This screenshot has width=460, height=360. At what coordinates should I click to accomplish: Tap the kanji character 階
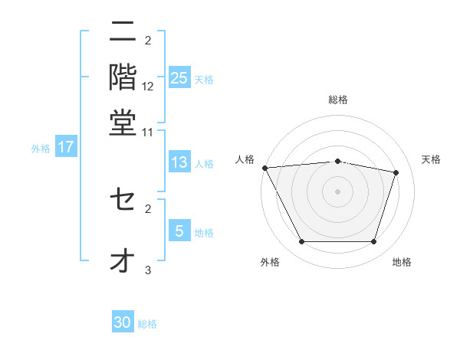tap(123, 77)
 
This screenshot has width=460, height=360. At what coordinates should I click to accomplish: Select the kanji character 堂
tap(123, 122)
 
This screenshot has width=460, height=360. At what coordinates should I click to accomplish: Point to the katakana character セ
tap(123, 200)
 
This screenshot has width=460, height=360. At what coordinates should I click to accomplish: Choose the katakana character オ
tap(123, 260)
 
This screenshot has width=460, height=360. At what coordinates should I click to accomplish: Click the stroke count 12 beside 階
tap(148, 86)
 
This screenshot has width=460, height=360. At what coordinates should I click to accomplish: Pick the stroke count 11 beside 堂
tap(148, 132)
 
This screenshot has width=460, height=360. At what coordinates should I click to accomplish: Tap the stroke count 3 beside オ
tap(148, 270)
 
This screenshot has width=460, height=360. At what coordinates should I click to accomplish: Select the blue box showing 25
tap(179, 77)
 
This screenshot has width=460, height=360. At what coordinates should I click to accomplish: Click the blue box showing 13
tap(179, 162)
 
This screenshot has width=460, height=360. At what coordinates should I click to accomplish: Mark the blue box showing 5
tap(179, 231)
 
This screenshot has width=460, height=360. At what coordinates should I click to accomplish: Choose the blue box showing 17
tap(66, 147)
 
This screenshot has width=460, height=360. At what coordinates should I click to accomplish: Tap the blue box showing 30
tap(123, 322)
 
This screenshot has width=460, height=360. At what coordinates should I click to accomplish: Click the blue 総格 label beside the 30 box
tap(147, 324)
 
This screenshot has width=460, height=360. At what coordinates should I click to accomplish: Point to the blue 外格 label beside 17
tap(41, 149)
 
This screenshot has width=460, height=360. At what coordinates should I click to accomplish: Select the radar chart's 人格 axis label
tap(245, 159)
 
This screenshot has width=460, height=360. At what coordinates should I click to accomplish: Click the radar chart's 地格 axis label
tap(402, 263)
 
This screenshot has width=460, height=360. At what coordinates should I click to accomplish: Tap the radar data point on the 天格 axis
tap(396, 172)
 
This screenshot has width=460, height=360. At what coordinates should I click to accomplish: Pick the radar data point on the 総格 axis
tap(338, 161)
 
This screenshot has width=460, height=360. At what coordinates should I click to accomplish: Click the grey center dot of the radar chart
tap(338, 191)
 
